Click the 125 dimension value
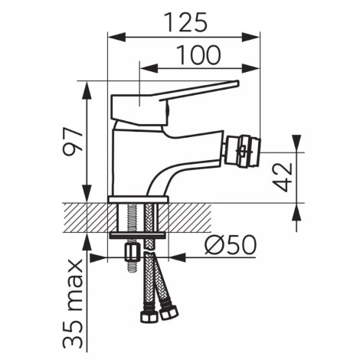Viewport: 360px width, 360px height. pos(185,22)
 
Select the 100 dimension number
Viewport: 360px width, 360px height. pos(198,55)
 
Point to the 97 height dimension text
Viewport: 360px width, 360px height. pos(73,141)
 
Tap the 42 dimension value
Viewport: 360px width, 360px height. pos(283,177)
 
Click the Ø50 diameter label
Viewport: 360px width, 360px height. pos(231,244)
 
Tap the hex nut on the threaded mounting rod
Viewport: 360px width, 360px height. pos(132,252)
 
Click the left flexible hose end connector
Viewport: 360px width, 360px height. pos(148,316)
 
